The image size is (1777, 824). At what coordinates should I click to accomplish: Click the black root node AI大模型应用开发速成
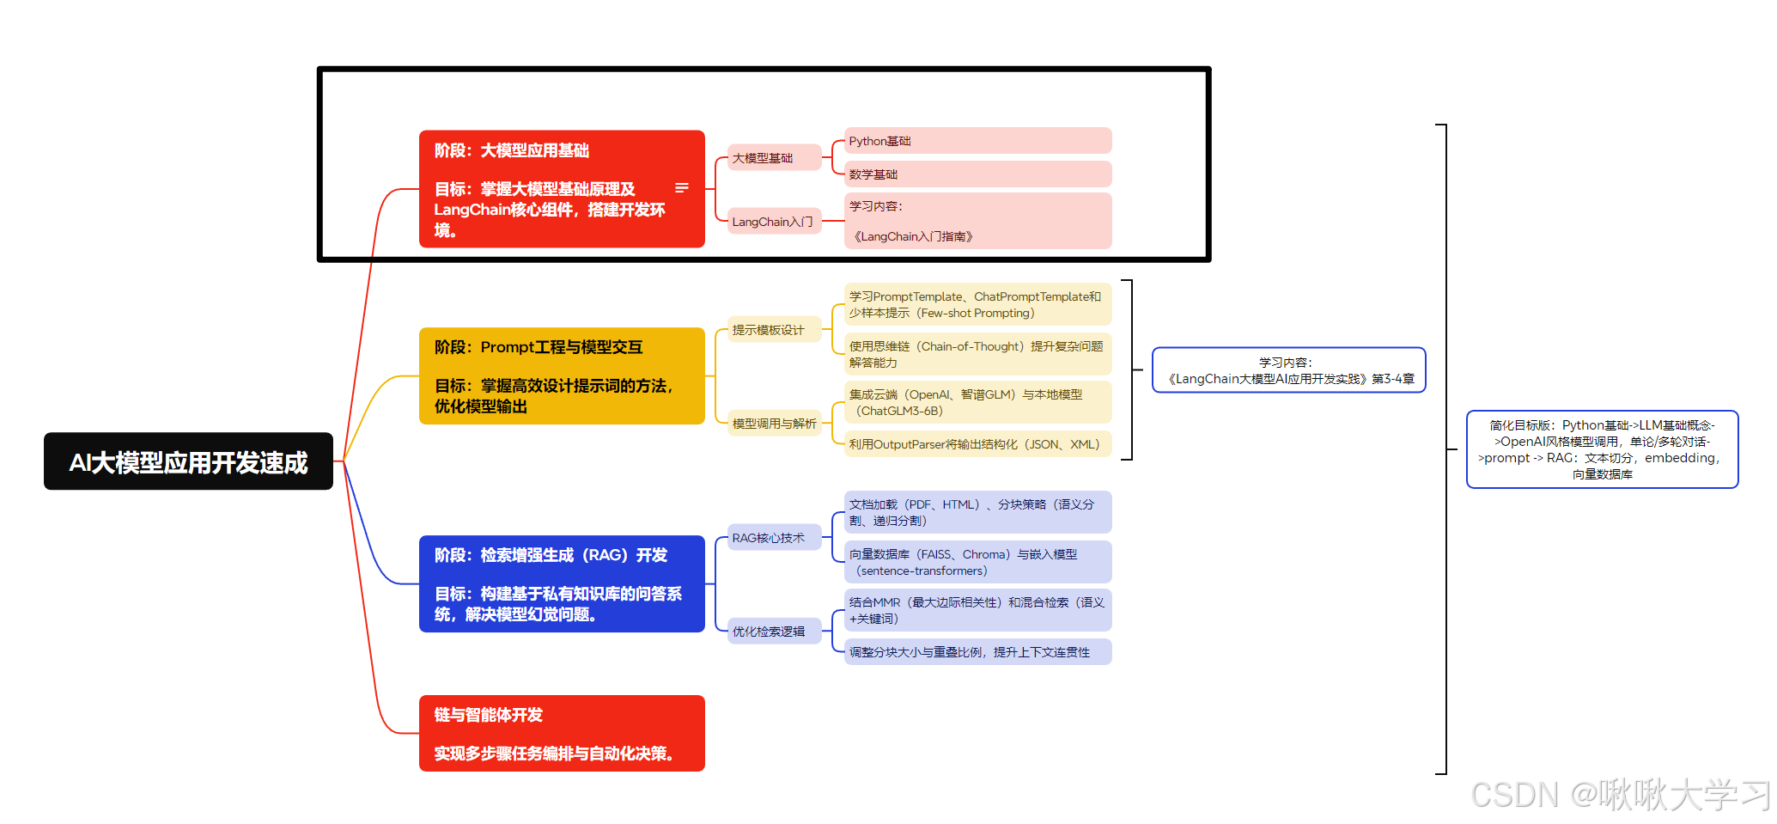pos(188,461)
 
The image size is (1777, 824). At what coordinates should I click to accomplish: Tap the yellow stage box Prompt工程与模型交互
pos(561,375)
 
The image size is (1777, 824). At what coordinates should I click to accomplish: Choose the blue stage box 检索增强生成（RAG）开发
pos(561,583)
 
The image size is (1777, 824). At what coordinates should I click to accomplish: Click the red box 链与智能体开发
pos(561,733)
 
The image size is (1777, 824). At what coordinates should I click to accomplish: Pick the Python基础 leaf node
pos(977,141)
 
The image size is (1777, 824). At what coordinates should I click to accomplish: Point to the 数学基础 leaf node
pos(977,174)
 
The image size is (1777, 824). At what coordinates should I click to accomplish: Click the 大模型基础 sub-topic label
pos(774,158)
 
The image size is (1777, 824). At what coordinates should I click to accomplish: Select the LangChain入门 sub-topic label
pos(774,222)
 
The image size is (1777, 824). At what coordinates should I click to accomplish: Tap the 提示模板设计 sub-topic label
pos(774,330)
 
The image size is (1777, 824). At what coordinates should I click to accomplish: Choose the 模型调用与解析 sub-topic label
pos(774,424)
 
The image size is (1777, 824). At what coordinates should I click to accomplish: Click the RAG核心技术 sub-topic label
pos(774,538)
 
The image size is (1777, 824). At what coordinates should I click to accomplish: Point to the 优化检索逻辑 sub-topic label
pos(774,632)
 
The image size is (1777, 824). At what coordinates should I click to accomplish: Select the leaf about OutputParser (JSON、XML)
pos(977,444)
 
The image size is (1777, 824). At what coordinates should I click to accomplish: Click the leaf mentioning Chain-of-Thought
pos(977,354)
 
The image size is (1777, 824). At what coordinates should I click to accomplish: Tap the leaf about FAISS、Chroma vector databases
pos(977,562)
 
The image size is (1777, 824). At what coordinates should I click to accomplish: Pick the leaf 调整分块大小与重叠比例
pos(977,652)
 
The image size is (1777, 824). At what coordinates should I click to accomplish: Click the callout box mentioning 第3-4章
pos(1288,370)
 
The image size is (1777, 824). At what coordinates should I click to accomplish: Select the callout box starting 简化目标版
pos(1602,449)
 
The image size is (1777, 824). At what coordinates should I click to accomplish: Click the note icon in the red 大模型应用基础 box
pos(682,187)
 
